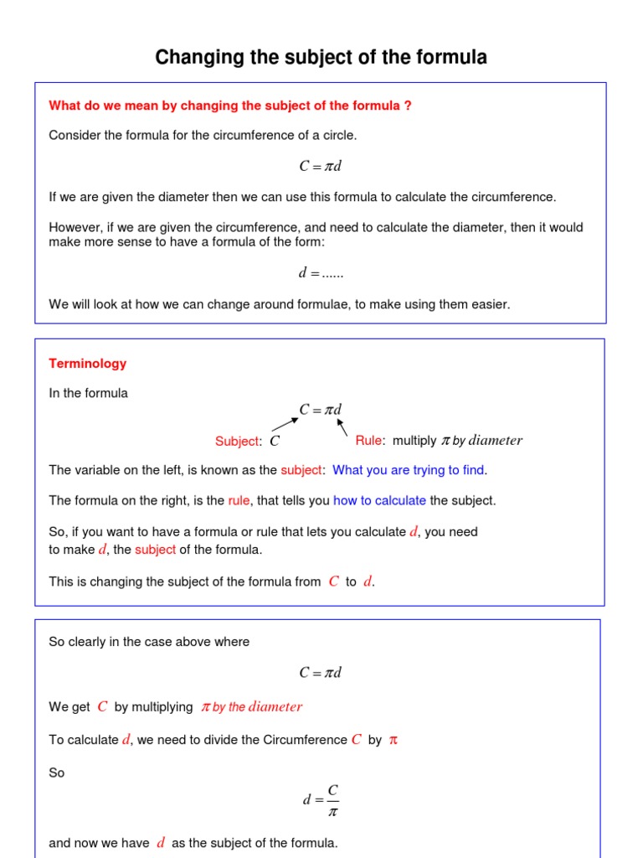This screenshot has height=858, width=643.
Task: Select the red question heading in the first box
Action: coord(230,106)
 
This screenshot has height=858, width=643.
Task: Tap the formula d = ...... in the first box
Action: coord(321,273)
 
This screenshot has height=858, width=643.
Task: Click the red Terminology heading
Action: coord(88,364)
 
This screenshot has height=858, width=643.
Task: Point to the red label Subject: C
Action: coord(247,442)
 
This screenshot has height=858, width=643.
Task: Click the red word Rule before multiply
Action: coord(368,441)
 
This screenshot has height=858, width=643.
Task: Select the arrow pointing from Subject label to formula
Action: coord(285,424)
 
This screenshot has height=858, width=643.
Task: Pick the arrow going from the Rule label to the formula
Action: coord(342,427)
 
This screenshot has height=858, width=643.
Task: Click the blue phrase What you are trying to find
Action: coord(409,470)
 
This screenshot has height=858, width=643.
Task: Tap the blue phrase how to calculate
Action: coord(379,500)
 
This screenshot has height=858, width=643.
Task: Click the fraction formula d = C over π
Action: coord(321,800)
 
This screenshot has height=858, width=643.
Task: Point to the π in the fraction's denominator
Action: coord(332,811)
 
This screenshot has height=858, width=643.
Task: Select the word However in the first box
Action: coord(74,227)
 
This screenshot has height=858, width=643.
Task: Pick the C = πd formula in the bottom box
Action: coord(321,673)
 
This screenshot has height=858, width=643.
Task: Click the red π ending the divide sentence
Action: coord(393,741)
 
